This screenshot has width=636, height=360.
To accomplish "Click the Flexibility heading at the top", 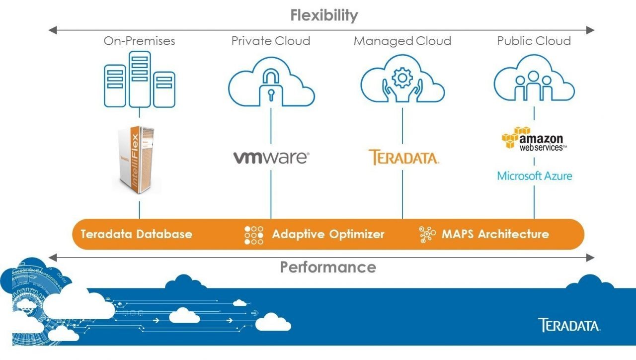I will coord(324,15).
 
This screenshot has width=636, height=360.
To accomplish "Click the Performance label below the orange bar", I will coord(328,267).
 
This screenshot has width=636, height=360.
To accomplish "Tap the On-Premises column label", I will coord(139,41).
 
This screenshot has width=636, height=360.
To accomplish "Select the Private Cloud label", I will coord(271,41).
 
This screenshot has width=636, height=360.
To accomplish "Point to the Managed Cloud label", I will coord(402,41).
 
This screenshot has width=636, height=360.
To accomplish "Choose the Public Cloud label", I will coord(534,41).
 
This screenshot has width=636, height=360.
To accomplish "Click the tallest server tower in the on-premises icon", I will coord(140,79).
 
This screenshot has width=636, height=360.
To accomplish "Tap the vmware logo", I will coord(271,158).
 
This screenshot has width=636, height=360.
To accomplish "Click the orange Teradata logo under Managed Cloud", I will coord(403,157).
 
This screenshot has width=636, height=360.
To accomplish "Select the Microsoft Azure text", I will coord(534,176).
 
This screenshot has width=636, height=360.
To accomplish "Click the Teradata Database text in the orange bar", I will coord(136,234).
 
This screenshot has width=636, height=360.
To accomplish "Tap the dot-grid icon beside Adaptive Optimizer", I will coord(254,235).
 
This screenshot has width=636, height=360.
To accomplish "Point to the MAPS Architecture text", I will coord(495,234).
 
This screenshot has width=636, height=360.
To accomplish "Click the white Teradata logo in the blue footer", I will coord(569,326).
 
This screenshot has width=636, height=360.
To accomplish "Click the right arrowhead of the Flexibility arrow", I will coord(590,30).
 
